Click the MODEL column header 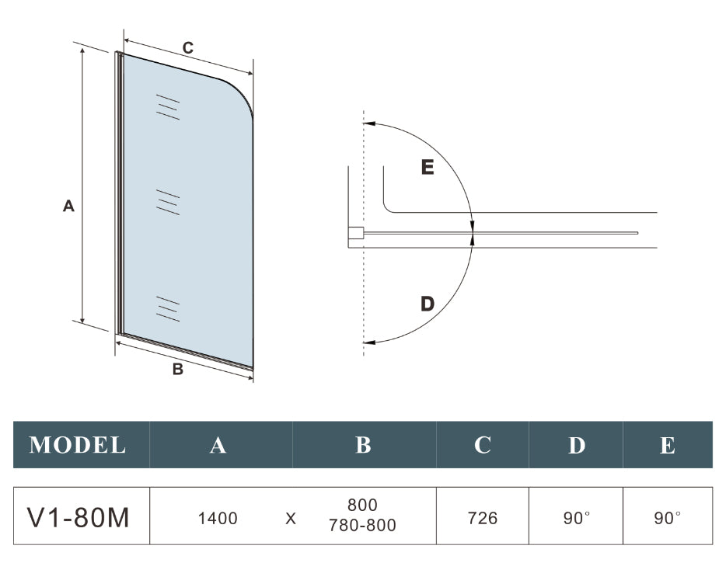78,445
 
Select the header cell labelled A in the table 218,445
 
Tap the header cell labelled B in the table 363,445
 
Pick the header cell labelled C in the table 483,445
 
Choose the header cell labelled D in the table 576,445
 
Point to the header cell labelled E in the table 667,445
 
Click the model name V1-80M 79,517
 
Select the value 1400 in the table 218,518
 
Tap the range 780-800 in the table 364,527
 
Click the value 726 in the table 483,518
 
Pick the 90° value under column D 577,518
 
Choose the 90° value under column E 667,518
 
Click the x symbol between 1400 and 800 291,518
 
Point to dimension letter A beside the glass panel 68,206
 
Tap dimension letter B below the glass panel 178,370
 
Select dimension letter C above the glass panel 188,48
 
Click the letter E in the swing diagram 427,167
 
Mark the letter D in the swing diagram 427,304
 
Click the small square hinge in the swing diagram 355,232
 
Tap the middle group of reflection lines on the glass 168,201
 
